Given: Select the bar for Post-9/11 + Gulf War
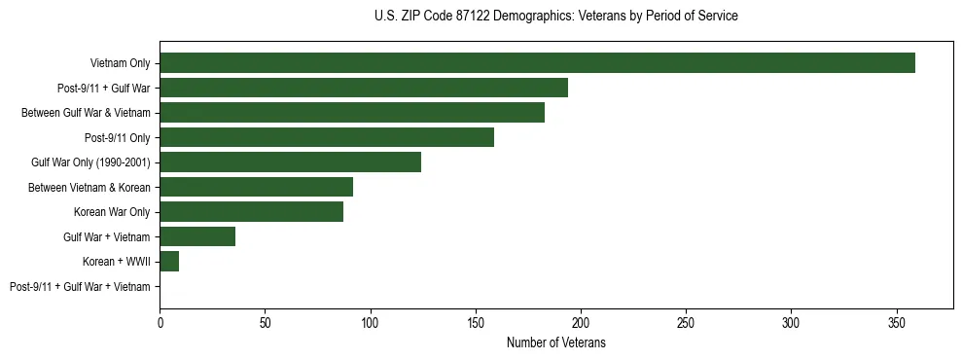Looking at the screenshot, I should tap(364, 88).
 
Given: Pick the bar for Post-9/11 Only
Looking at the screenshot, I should tap(327, 137).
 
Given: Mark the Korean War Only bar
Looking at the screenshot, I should tap(251, 212).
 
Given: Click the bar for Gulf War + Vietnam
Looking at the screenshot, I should tap(197, 236).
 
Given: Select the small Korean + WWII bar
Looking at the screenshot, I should tap(169, 262).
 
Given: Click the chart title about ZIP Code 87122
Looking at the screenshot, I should tap(555, 17).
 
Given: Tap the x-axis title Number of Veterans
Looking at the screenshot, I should tap(555, 342).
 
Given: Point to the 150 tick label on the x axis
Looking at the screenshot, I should tap(476, 320).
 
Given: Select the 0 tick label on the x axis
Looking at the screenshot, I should tap(160, 320).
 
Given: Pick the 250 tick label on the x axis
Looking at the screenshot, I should tap(687, 320).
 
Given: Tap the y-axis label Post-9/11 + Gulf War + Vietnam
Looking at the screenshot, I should tap(80, 286).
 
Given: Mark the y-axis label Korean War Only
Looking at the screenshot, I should tap(112, 212).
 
